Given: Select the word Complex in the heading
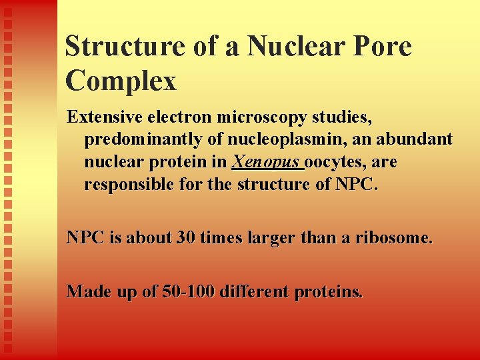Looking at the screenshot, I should click(x=121, y=81).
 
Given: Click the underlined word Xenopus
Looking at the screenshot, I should click(x=267, y=163).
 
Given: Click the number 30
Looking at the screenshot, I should click(x=186, y=237).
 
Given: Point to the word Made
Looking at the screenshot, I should click(x=89, y=291).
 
